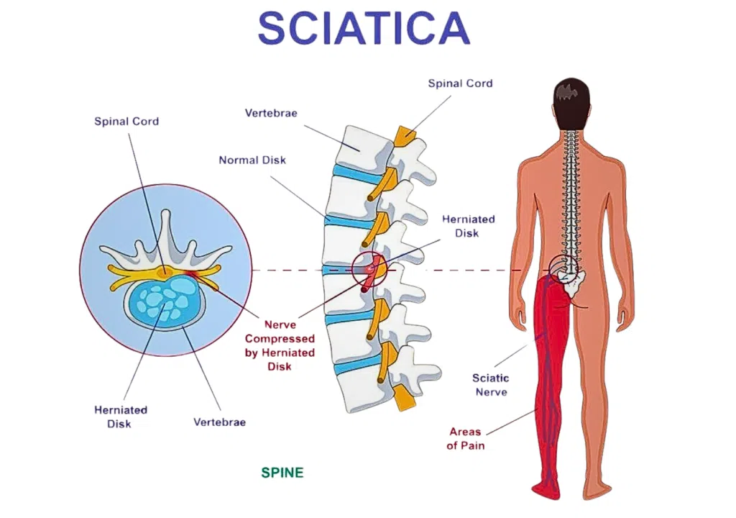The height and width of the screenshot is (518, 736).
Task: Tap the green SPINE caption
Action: (x=282, y=473)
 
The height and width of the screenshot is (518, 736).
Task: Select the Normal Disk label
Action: (x=252, y=160)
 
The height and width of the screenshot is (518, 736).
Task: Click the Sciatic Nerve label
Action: (x=490, y=385)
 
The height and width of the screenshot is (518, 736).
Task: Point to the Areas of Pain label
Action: (x=465, y=439)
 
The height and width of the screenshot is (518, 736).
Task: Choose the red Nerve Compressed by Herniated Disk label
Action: (x=280, y=345)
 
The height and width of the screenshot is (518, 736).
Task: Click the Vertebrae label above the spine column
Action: (x=271, y=113)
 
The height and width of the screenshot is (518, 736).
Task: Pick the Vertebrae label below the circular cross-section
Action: (x=219, y=422)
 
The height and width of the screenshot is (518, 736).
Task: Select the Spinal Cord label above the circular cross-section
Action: (x=126, y=121)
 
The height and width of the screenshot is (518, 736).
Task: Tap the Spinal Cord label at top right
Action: (x=460, y=83)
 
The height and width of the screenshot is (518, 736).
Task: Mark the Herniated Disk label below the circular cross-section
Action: (x=120, y=417)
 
